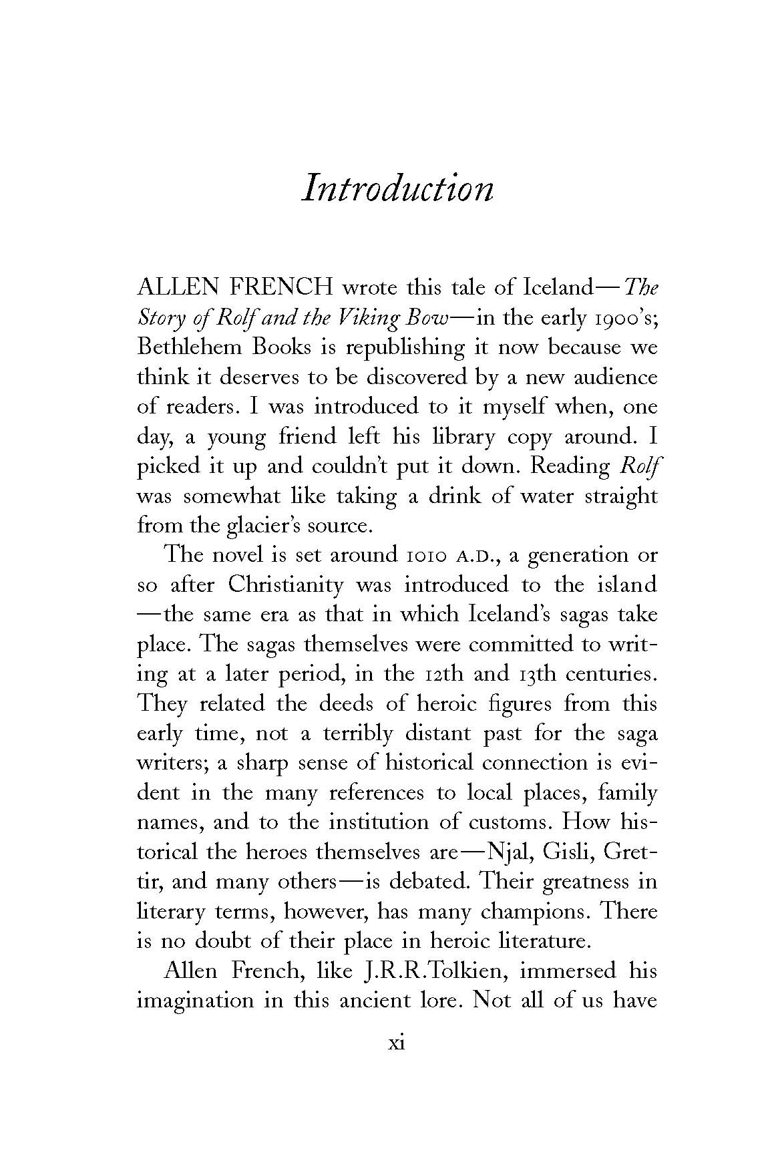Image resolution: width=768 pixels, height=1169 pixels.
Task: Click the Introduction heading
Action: coord(397,188)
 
